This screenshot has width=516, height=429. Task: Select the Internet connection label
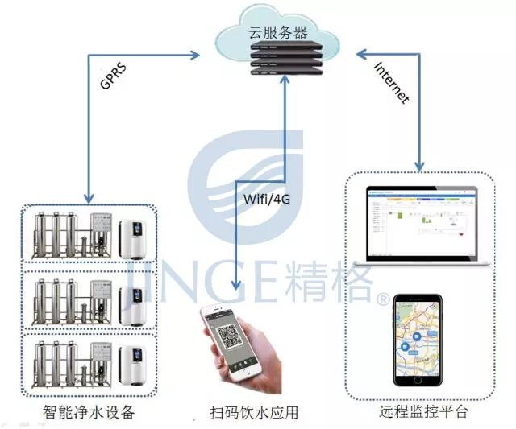[393, 83]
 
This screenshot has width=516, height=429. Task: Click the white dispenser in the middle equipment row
[133, 303]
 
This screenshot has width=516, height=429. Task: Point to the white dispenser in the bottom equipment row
[133, 367]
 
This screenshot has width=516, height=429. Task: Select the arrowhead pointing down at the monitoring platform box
[419, 167]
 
